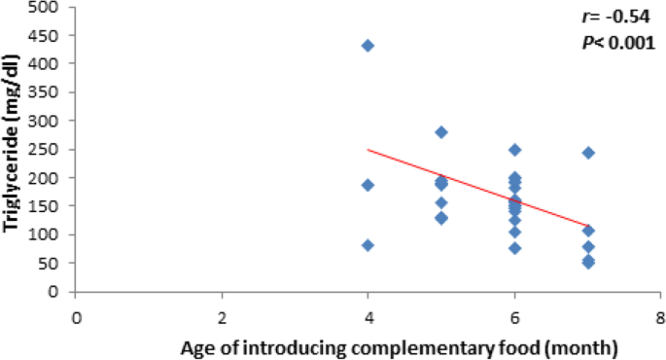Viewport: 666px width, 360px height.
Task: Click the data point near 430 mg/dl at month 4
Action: pos(368,46)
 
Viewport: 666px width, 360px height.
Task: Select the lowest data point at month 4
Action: pos(368,245)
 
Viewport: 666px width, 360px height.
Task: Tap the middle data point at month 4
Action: pos(368,185)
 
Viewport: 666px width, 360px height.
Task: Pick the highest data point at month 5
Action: pos(440,132)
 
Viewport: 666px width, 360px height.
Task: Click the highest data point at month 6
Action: pos(514,150)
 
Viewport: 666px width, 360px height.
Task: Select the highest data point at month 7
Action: pos(587,153)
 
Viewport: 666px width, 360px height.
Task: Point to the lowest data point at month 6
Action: pos(514,248)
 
